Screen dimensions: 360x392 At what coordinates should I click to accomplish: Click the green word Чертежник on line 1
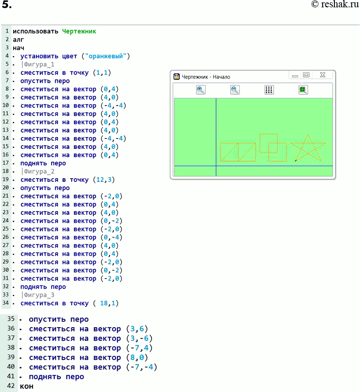point(79,31)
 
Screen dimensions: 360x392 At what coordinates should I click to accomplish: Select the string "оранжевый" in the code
point(106,56)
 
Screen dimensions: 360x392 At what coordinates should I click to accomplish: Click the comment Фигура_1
point(39,64)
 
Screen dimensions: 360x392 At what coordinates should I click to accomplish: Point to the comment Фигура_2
point(39,171)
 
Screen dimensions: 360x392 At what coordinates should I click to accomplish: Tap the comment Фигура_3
point(39,295)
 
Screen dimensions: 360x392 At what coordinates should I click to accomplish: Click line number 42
point(11,386)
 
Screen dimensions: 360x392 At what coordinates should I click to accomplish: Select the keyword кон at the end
point(26,386)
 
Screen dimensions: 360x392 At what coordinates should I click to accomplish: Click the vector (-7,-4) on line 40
point(142,367)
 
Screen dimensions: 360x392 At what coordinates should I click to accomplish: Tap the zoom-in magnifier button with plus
point(201,90)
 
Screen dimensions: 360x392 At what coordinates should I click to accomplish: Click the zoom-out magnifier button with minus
point(235,90)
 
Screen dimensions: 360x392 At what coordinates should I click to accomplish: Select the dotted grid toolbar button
point(269,90)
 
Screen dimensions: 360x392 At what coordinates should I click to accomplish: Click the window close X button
point(323,75)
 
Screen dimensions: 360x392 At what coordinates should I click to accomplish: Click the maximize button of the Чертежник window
point(306,75)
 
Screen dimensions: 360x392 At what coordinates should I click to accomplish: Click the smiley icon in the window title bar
point(177,76)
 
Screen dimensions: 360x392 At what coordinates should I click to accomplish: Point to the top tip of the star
point(308,134)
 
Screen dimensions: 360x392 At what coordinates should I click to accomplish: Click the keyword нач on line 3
point(18,48)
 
